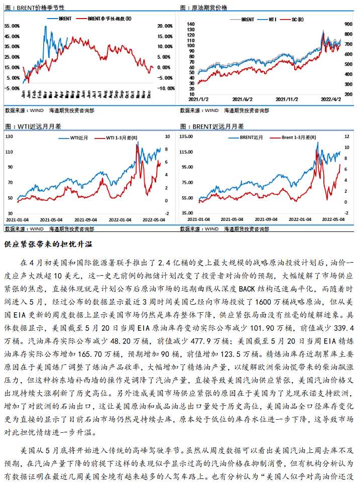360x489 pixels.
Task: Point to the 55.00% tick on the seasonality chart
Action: (12, 26)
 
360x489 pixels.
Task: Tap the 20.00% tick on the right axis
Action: (165, 26)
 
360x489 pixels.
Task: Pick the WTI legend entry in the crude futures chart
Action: (273, 19)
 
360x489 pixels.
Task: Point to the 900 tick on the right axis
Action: (348, 24)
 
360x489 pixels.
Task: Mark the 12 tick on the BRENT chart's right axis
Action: (346, 136)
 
